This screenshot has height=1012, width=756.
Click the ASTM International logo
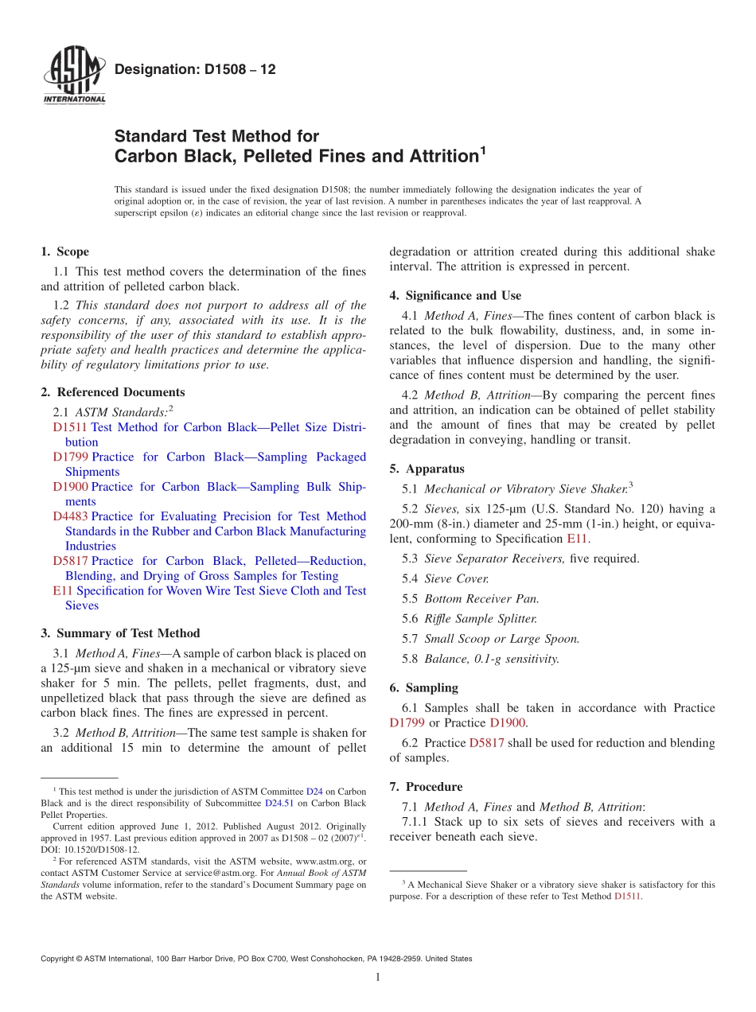click(x=74, y=76)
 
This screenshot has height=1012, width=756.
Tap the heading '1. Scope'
click(x=64, y=251)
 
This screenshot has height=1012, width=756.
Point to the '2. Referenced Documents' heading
click(x=112, y=391)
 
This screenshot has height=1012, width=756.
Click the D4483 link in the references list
click(x=71, y=516)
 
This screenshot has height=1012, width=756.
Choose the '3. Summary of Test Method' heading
click(x=120, y=633)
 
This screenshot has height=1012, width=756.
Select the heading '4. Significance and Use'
click(x=455, y=295)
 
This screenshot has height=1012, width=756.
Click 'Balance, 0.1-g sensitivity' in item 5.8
click(x=491, y=658)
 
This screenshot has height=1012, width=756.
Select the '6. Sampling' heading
click(x=423, y=687)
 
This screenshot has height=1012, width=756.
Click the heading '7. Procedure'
click(x=426, y=787)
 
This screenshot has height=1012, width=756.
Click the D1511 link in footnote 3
click(x=628, y=896)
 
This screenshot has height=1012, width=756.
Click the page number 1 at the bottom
click(x=378, y=977)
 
